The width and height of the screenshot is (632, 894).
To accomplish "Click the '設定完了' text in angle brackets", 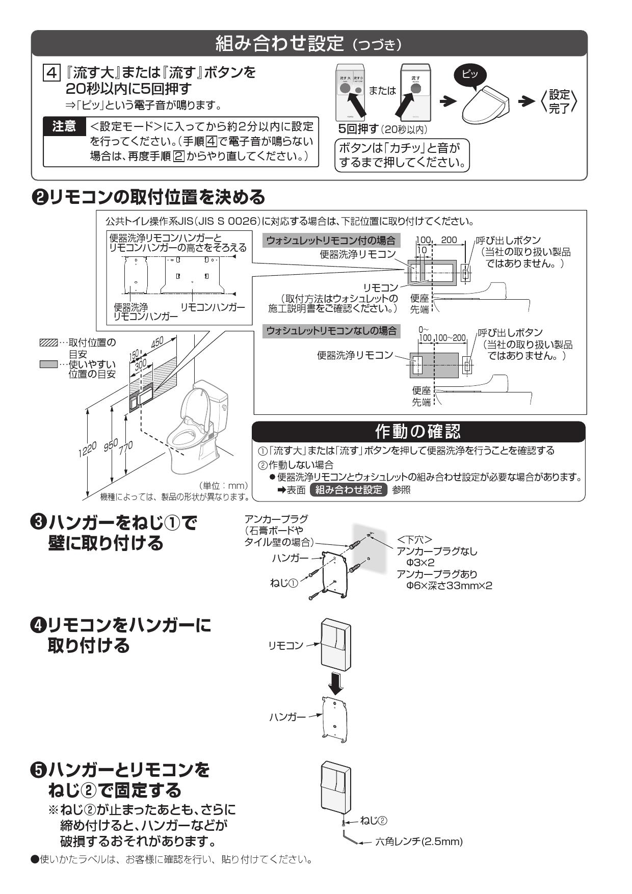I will pyautogui.click(x=559, y=101).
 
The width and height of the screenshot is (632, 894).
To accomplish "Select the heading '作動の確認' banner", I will pyautogui.click(x=418, y=431).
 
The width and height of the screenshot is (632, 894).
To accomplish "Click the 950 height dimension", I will pyautogui.click(x=110, y=444).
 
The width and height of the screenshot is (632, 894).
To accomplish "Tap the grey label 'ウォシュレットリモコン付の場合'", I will pyautogui.click(x=331, y=241).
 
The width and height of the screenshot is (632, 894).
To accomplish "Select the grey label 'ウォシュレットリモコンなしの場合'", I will pyautogui.click(x=331, y=331).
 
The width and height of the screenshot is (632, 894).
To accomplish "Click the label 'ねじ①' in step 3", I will pyautogui.click(x=283, y=582).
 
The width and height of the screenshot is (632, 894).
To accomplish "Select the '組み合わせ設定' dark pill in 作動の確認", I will pyautogui.click(x=348, y=490).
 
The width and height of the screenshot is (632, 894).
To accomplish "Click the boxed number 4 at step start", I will pyautogui.click(x=50, y=72).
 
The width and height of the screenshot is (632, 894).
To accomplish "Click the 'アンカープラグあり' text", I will pyautogui.click(x=437, y=574).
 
